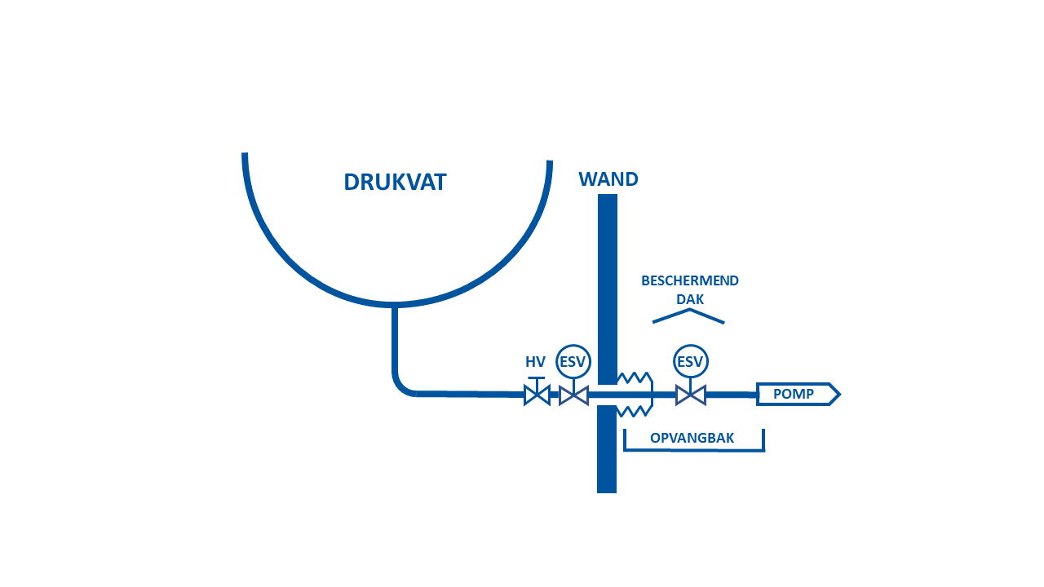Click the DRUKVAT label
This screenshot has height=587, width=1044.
click(396, 182)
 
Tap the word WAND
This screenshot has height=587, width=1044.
click(608, 179)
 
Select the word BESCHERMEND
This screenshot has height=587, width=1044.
click(690, 280)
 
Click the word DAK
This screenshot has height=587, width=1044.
click(690, 299)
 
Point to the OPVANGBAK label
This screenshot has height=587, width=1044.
click(692, 438)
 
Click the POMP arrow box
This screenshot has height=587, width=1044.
click(798, 394)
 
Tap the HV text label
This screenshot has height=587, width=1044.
click(535, 361)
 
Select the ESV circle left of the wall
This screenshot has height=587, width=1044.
click(573, 361)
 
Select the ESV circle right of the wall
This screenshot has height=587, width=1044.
click(690, 361)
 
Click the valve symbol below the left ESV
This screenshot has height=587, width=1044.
click(573, 395)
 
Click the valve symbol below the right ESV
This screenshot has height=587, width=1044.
click(691, 395)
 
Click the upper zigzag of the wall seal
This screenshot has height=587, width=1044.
click(634, 377)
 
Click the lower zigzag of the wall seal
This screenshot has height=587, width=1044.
click(634, 411)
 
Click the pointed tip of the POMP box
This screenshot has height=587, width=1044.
click(840, 395)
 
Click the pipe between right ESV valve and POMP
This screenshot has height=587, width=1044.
click(731, 395)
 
